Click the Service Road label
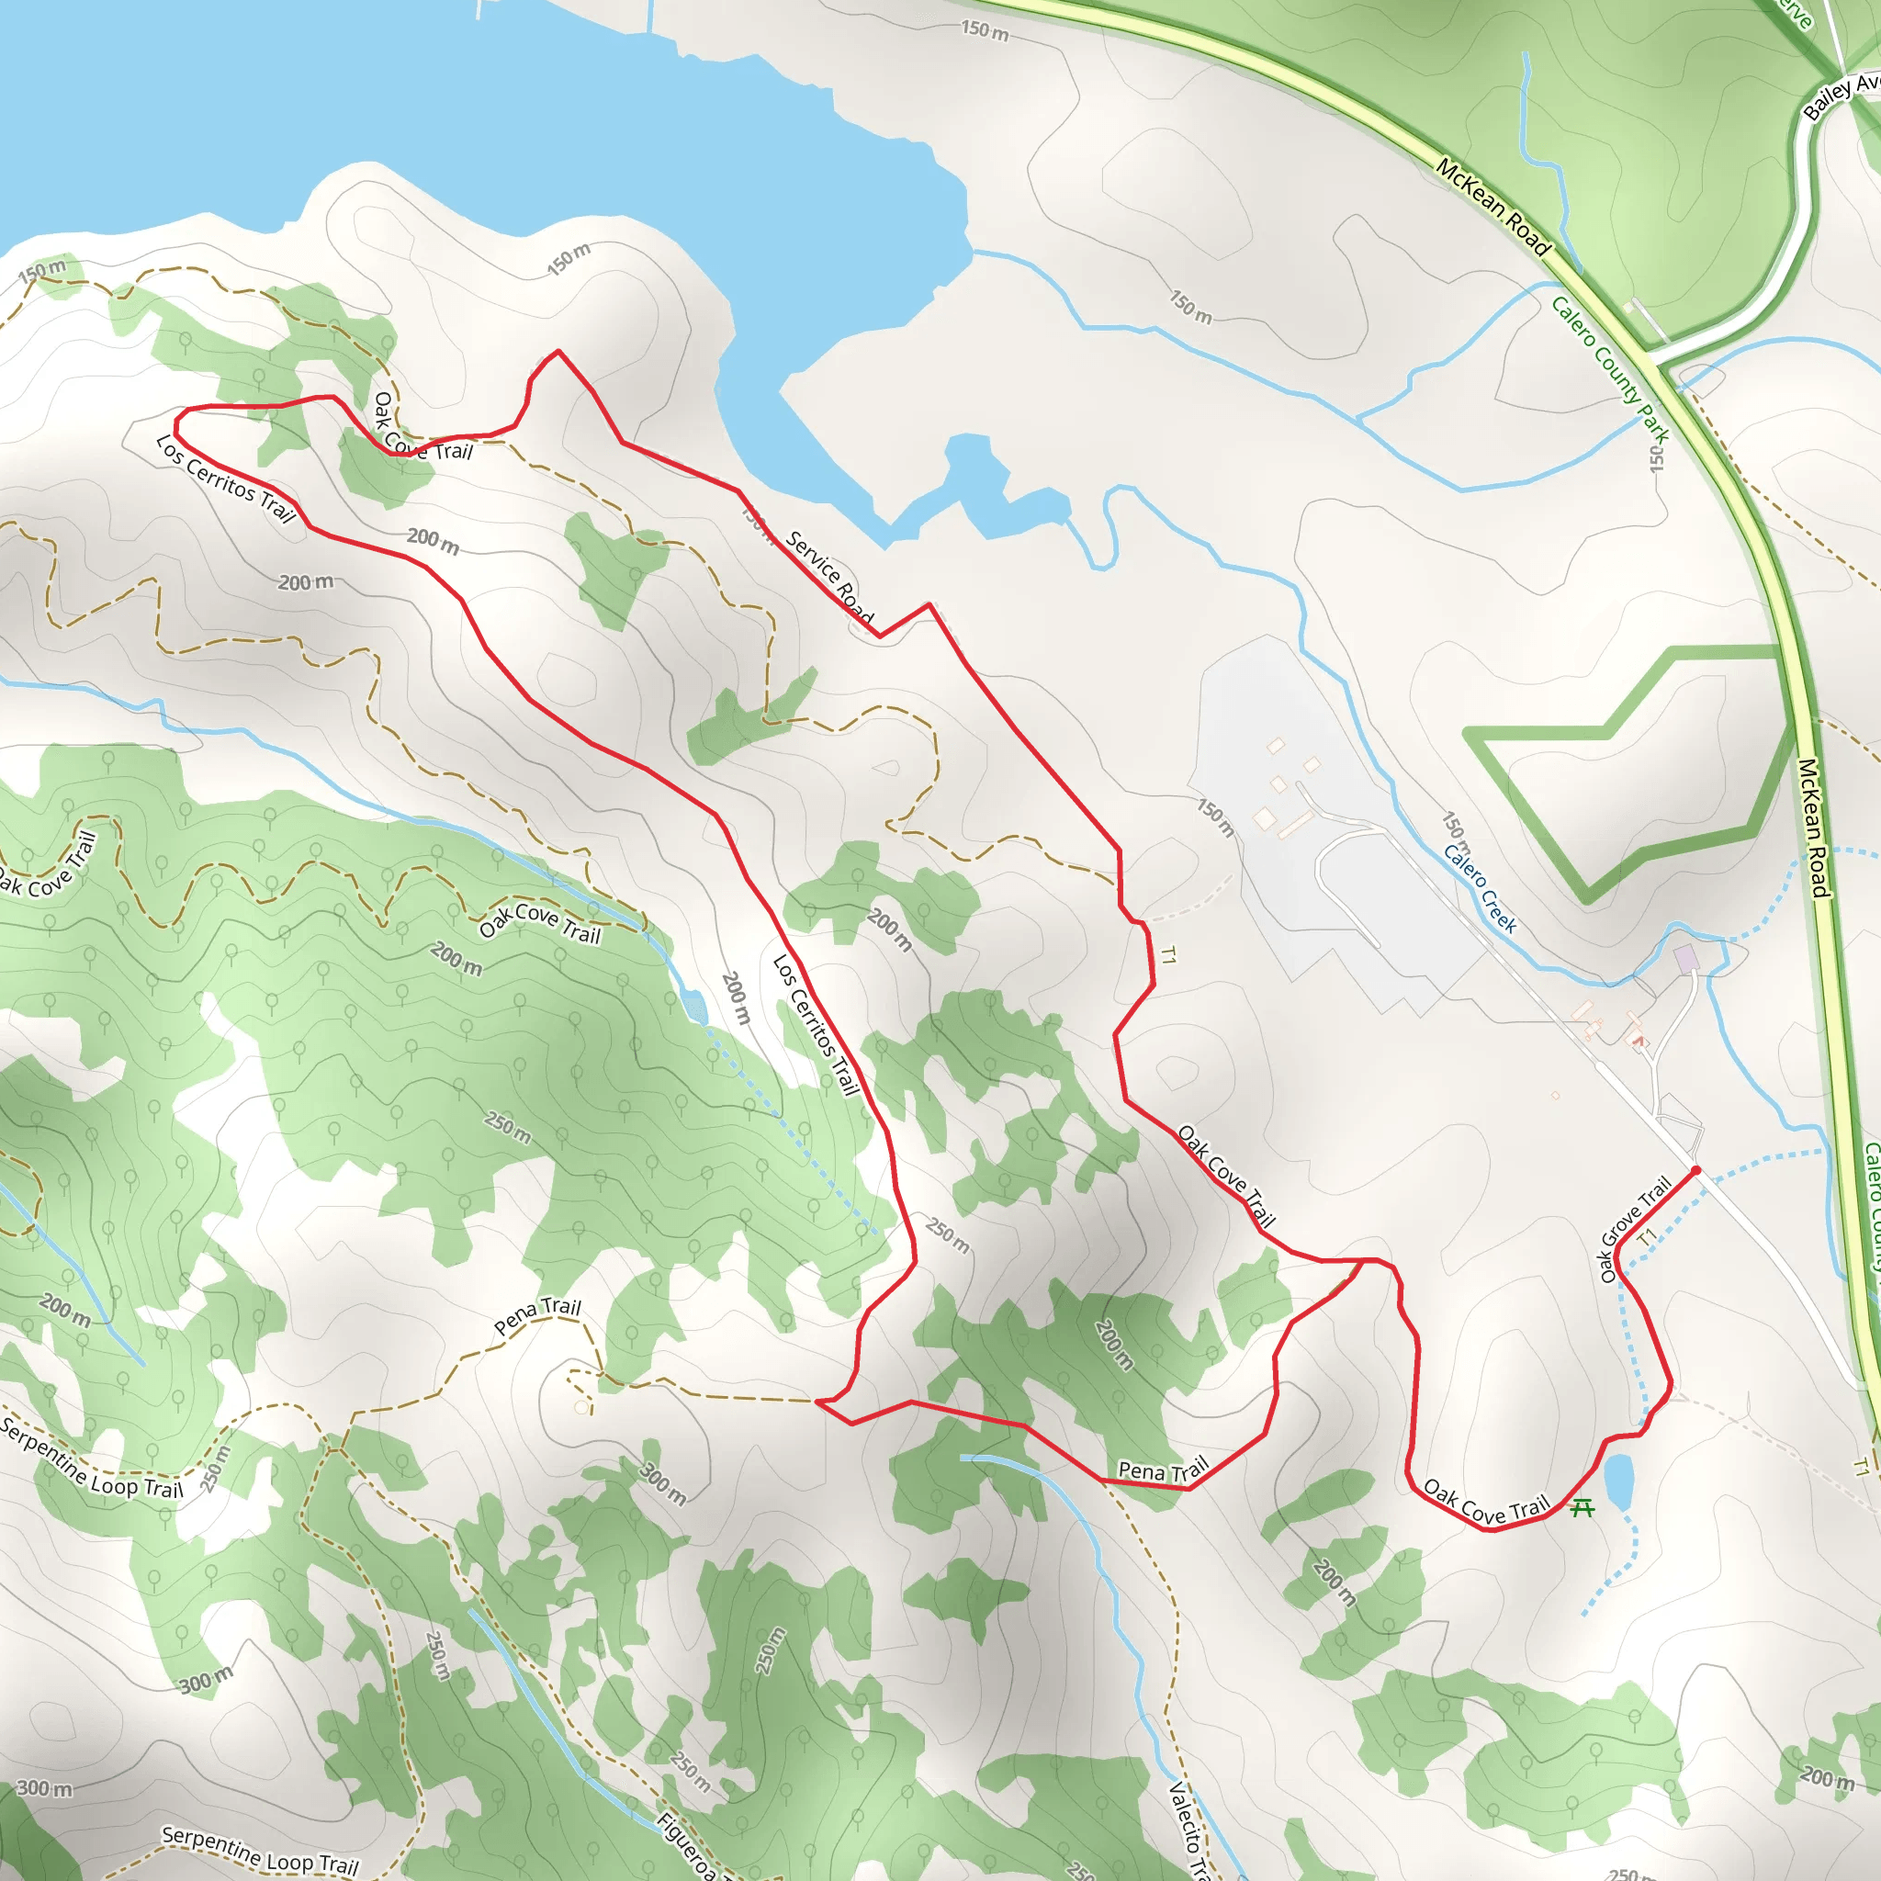pos(828,577)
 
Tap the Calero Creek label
pos(1480,888)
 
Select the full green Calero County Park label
pos(1610,369)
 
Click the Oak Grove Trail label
pos(1635,1229)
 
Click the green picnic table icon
pos(1583,1508)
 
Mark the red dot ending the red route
pos(1696,1170)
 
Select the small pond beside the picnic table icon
pos(1618,1481)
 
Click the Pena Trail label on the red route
pos(1163,1470)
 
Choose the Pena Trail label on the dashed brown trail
pos(536,1315)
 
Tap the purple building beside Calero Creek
pos(1686,957)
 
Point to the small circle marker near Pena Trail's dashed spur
pos(581,1407)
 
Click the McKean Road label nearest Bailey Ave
pos(1493,208)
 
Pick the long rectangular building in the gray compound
pos(1296,826)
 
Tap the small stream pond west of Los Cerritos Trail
pos(694,1005)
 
